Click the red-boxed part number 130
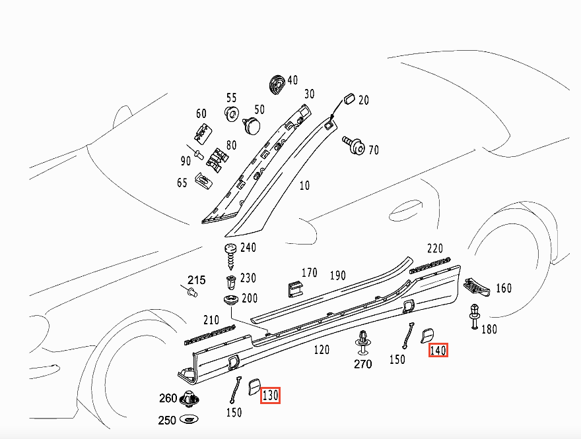(x=270, y=395)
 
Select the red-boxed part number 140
(x=438, y=350)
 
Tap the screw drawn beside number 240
(x=231, y=256)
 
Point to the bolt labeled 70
(x=353, y=146)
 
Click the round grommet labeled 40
(x=277, y=84)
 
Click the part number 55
(x=231, y=98)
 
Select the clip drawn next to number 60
(x=203, y=133)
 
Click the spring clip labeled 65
(x=203, y=180)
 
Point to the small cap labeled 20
(x=349, y=99)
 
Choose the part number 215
(x=196, y=280)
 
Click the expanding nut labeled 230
(x=231, y=283)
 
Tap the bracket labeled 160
(x=477, y=287)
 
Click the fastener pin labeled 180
(x=475, y=316)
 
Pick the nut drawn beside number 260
(x=189, y=399)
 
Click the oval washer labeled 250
(x=189, y=419)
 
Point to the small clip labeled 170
(x=295, y=289)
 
